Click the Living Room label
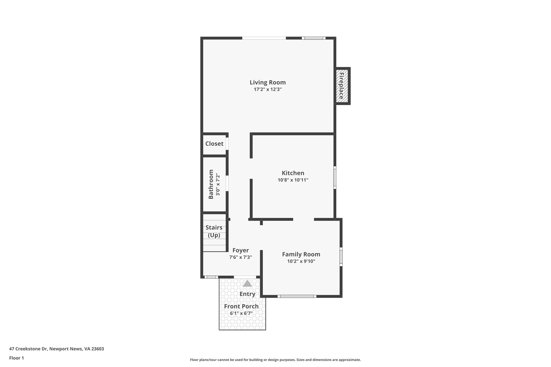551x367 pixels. tap(267, 82)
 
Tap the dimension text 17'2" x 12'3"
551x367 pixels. tap(267, 90)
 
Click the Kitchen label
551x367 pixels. tap(293, 173)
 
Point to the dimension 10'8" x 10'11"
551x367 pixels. tap(293, 180)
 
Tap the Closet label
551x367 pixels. tap(214, 144)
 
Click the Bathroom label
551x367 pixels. tap(211, 184)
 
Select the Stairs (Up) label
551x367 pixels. tap(214, 231)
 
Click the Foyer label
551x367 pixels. tap(241, 250)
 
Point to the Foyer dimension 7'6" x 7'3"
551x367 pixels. tap(241, 257)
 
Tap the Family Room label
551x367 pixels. tap(301, 254)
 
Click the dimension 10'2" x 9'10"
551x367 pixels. tap(301, 261)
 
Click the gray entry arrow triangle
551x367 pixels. tap(247, 284)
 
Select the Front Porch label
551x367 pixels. tap(241, 306)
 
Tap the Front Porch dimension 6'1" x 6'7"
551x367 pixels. tap(241, 313)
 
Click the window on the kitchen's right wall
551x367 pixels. tap(335, 177)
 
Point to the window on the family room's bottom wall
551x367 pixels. tap(297, 296)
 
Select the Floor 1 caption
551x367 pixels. tap(16, 358)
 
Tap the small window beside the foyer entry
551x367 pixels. tap(211, 277)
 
